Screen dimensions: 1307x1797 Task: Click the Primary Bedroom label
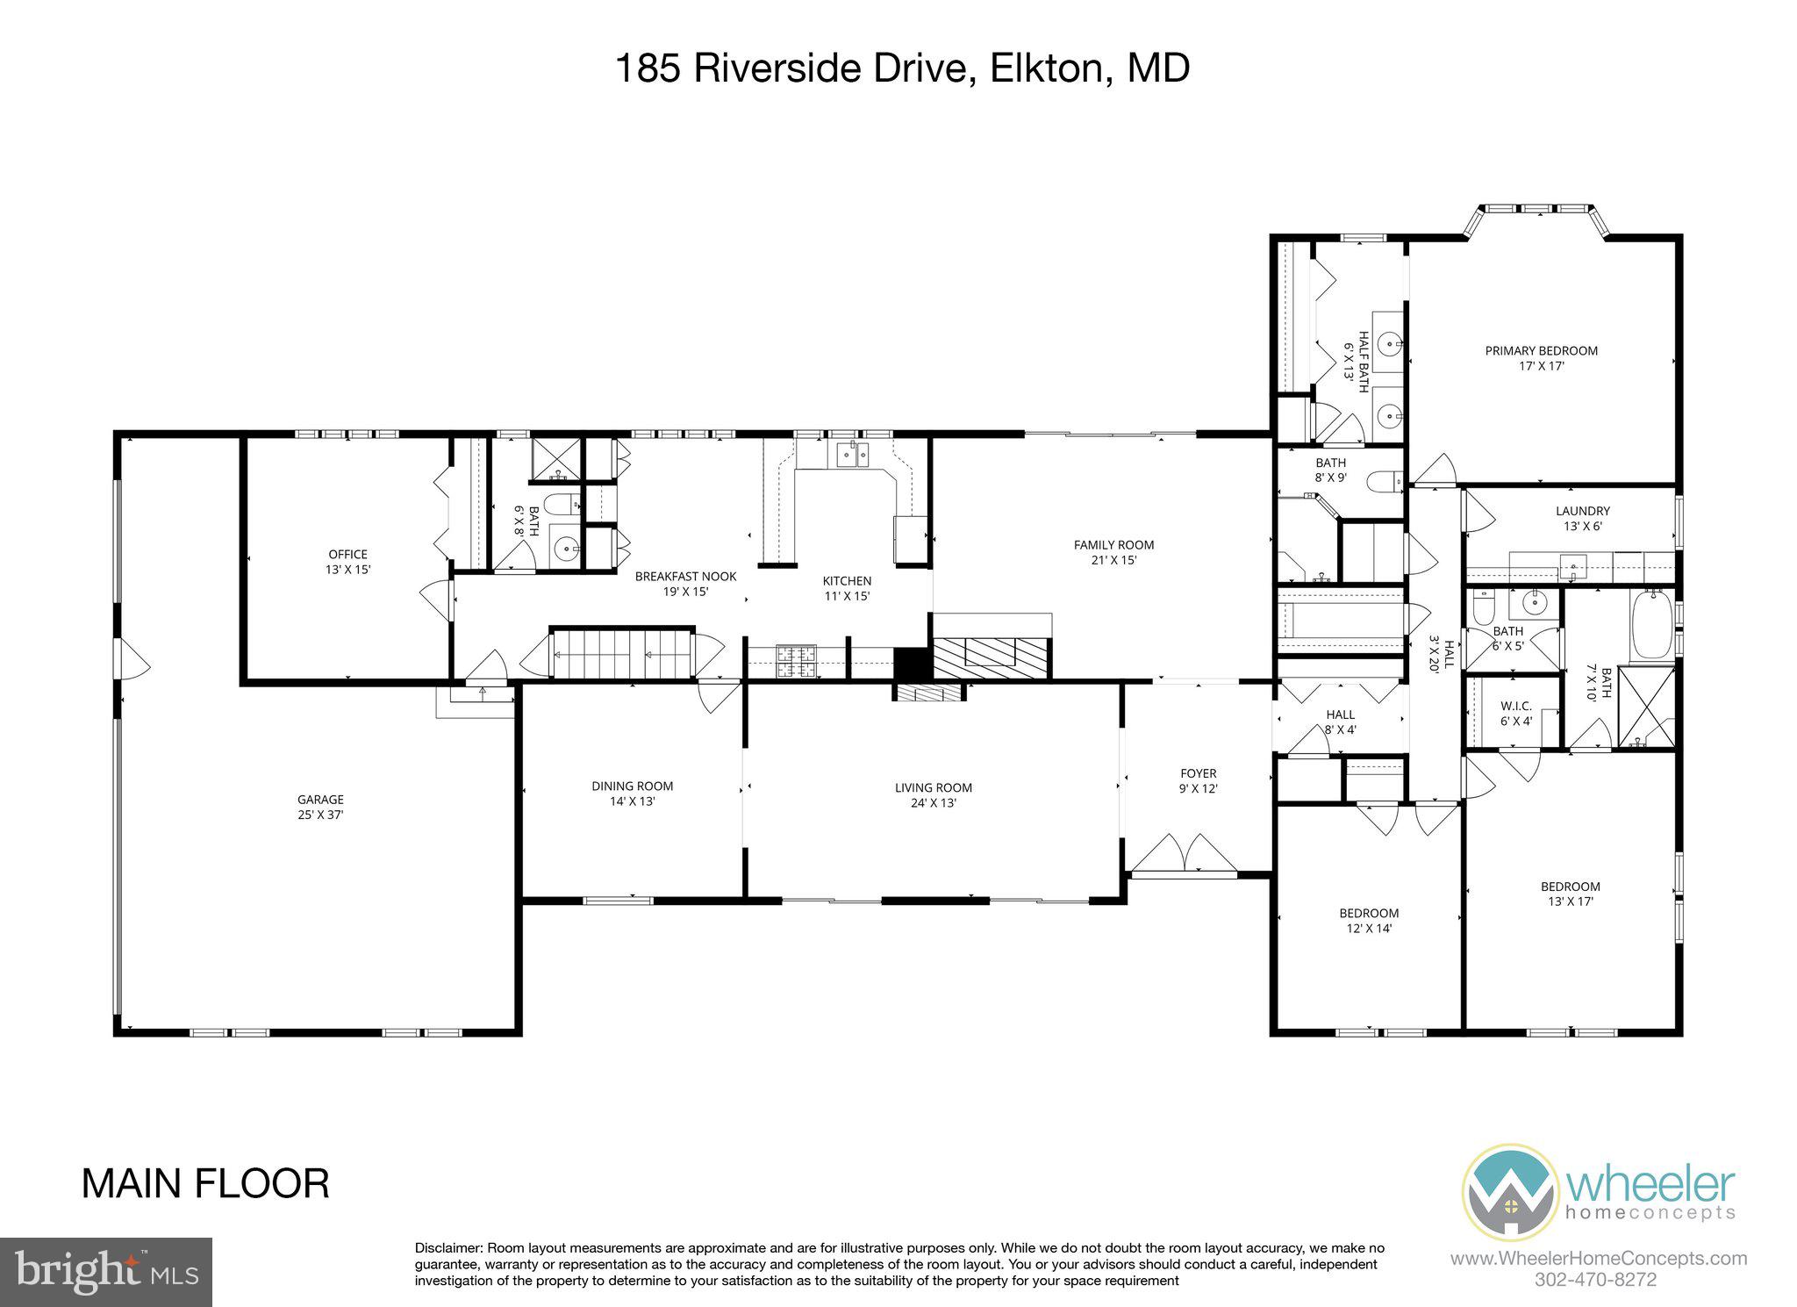click(x=1541, y=358)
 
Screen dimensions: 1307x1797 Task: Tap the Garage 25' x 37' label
click(x=320, y=807)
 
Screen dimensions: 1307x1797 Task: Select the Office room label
click(x=347, y=561)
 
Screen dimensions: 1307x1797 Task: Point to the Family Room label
click(x=1113, y=552)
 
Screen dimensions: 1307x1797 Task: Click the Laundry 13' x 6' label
click(x=1582, y=518)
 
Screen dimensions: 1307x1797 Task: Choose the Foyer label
click(x=1199, y=780)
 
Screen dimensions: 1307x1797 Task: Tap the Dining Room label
click(x=632, y=794)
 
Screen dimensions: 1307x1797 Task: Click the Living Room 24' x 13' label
click(x=933, y=794)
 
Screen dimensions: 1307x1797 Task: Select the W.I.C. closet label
click(x=1515, y=713)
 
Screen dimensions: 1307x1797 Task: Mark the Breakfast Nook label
click(x=685, y=584)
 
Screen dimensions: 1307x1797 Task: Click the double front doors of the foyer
click(x=1184, y=853)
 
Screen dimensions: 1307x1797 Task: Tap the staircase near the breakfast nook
click(x=621, y=654)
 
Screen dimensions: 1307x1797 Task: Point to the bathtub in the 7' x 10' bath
click(x=1651, y=625)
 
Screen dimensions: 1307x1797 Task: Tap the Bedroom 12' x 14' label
click(x=1368, y=920)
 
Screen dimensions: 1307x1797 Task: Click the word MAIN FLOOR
click(x=205, y=1184)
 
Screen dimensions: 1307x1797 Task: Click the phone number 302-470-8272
click(x=1597, y=1280)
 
